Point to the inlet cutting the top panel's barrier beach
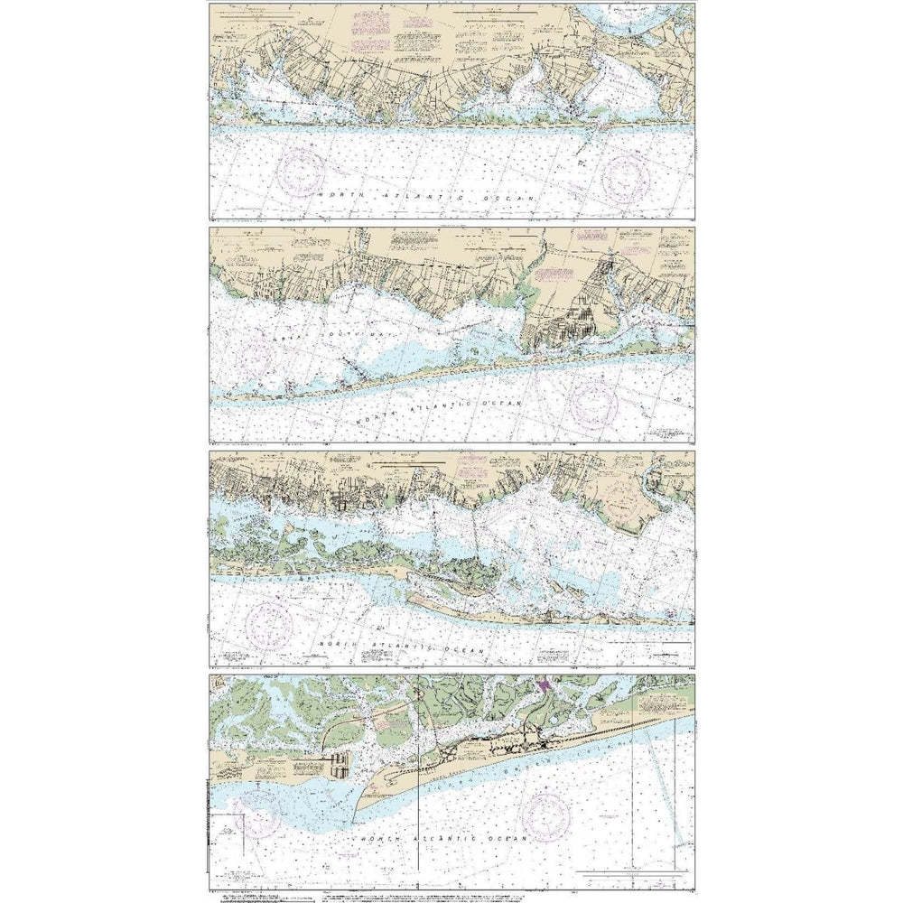[x=591, y=135]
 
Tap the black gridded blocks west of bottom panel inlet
[x=339, y=766]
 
